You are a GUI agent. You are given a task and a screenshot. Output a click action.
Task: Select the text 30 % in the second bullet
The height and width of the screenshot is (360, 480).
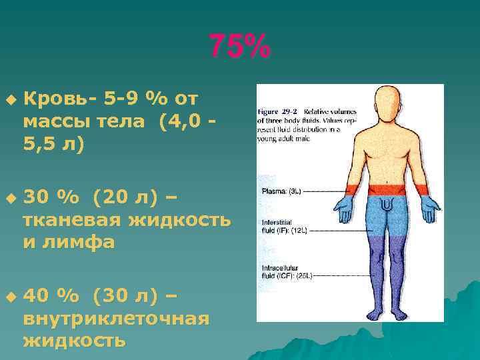point(50,197)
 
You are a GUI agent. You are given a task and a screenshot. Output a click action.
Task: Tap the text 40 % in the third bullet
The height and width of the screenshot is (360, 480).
point(50,295)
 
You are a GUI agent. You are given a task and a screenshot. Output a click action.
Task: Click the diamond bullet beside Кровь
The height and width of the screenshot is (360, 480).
point(9,99)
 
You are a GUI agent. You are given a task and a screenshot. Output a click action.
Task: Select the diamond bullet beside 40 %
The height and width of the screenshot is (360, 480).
point(9,295)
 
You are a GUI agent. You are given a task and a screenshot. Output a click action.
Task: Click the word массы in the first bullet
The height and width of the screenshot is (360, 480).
point(55,122)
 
